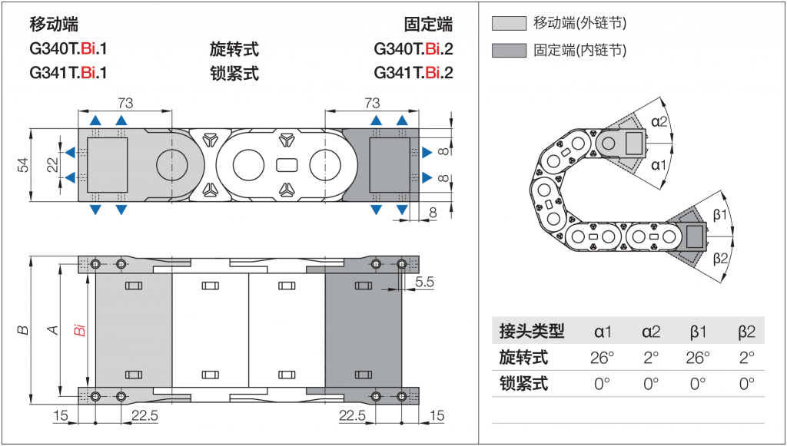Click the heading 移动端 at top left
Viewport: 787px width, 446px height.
click(54, 24)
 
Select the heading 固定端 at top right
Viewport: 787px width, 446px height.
click(428, 24)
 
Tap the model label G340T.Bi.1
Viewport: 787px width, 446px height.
click(68, 49)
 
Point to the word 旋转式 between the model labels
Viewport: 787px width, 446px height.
click(234, 49)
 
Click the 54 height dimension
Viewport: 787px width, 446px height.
click(23, 165)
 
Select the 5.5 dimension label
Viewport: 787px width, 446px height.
click(424, 282)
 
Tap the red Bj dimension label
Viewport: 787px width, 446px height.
click(78, 331)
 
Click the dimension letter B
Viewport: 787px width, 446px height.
click(24, 330)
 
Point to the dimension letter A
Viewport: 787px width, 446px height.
click(53, 330)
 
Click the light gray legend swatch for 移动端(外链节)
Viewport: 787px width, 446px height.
click(507, 23)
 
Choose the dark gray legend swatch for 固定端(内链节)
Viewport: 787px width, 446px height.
click(507, 51)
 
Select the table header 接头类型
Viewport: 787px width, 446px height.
click(531, 332)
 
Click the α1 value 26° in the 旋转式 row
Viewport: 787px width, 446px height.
click(603, 358)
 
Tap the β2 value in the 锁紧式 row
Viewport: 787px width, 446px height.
click(746, 384)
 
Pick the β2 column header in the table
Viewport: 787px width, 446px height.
click(746, 332)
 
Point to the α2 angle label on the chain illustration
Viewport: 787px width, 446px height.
click(659, 121)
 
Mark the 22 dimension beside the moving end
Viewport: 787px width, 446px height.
click(52, 165)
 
